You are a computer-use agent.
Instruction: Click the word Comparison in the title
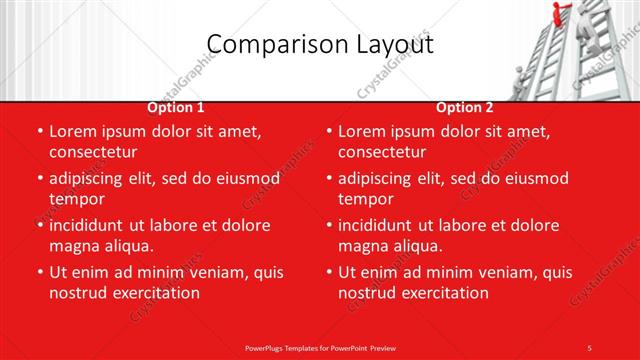[x=265, y=44]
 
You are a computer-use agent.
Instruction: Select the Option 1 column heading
[x=176, y=107]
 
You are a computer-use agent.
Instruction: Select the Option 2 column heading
[x=465, y=107]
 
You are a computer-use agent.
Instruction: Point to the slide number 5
[x=590, y=347]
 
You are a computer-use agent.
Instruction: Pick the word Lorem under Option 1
[x=73, y=131]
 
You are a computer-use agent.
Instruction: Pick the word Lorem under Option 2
[x=362, y=131]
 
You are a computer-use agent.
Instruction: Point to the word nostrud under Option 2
[x=370, y=293]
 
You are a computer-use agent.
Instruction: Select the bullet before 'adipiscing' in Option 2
[x=329, y=178]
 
